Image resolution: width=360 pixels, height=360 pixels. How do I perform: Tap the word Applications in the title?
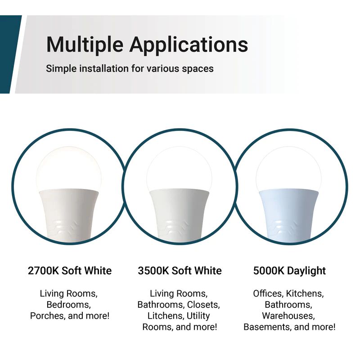pos(189,45)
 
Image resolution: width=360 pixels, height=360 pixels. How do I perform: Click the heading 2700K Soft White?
pos(70,271)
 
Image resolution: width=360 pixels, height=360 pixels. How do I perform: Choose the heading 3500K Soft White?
pos(180,271)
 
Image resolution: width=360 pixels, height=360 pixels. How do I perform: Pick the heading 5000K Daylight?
pos(289,271)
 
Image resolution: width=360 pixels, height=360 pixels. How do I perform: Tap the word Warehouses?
pos(288,316)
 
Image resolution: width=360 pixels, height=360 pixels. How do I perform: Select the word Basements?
pos(266,327)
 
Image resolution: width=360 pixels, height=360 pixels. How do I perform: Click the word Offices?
pos(267,294)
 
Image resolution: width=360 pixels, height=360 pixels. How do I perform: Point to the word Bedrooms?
pos(69,305)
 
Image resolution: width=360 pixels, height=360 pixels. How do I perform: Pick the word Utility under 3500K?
pos(198,316)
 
